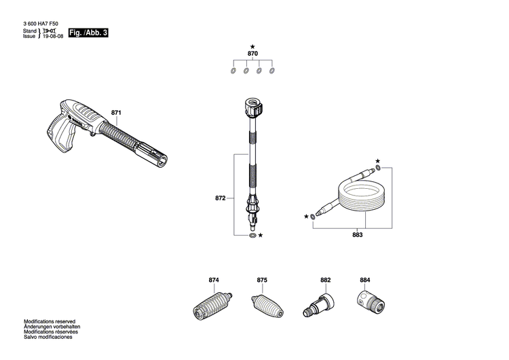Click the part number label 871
click(116, 112)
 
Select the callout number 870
click(252, 53)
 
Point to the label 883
click(357, 235)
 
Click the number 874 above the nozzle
click(214, 281)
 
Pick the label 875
click(262, 281)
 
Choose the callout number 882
click(325, 281)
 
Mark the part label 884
click(365, 281)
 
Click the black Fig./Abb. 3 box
click(88, 32)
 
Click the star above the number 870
click(252, 44)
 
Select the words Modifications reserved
click(50, 321)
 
